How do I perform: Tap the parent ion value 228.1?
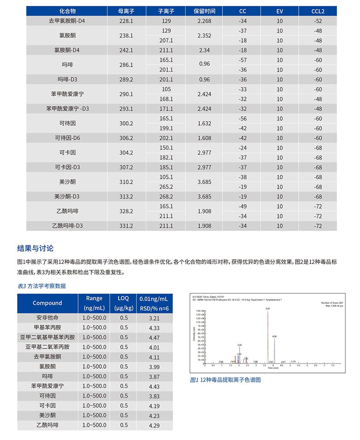pos(126,20)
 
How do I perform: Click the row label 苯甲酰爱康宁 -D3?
pos(67,109)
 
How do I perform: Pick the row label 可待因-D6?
pos(67,138)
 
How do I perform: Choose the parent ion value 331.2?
pos(126,226)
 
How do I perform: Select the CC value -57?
pos(242,60)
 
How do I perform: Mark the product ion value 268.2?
pos(166,197)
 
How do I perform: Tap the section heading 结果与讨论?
pos(35,248)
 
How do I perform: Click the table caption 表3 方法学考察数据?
pos(41,286)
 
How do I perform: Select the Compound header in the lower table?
pos(47,303)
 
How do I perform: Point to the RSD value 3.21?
pos(154,318)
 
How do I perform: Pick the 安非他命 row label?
pos(47,318)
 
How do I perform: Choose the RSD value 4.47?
pos(154,337)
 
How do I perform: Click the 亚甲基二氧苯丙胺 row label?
pos(47,347)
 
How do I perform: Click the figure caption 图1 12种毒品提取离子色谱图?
pos(225,380)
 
